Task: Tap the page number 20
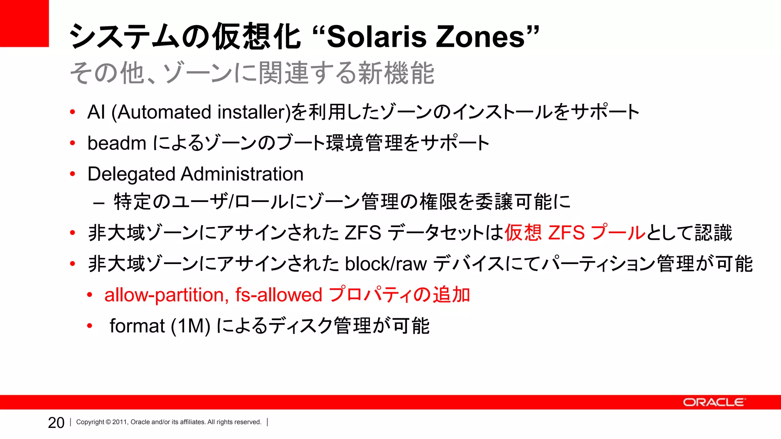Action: click(x=56, y=423)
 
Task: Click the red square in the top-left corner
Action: click(x=24, y=23)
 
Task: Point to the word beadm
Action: click(x=117, y=144)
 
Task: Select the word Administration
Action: click(x=242, y=174)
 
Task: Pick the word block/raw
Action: click(x=386, y=264)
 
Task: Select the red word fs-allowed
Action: click(x=279, y=295)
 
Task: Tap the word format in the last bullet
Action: click(x=137, y=326)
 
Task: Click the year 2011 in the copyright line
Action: click(x=119, y=422)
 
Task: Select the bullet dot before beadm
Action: click(x=72, y=143)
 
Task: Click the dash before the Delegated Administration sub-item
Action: click(x=99, y=203)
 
